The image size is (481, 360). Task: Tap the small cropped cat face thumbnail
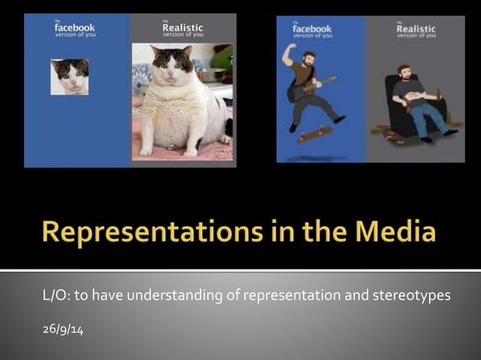pos(69,77)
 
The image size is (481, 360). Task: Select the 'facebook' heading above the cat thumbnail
pos(75,29)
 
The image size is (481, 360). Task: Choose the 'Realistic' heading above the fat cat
pos(182,29)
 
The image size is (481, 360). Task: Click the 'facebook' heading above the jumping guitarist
pos(311,29)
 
